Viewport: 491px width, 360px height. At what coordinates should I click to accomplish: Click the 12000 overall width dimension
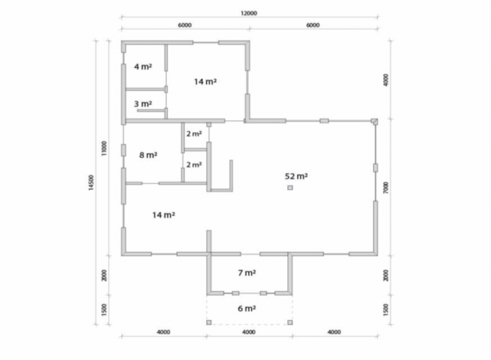[249, 13]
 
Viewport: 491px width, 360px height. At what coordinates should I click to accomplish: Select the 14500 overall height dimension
[91, 182]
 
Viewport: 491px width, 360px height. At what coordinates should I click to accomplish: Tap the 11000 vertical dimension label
[104, 148]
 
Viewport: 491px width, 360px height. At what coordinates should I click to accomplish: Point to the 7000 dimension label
[385, 187]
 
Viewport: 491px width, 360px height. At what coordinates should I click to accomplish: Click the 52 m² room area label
[296, 176]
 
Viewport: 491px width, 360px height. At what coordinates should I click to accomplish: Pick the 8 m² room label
[148, 155]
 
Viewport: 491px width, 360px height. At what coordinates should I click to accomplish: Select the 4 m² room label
[143, 66]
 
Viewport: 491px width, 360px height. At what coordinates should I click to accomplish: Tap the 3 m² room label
[143, 104]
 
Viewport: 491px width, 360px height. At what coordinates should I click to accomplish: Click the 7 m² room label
[247, 273]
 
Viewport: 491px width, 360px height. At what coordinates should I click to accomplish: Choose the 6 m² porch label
[247, 308]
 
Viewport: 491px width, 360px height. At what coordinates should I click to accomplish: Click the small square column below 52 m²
[291, 187]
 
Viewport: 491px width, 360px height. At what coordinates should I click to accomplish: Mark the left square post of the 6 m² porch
[209, 322]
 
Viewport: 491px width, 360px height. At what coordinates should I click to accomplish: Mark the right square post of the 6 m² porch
[290, 322]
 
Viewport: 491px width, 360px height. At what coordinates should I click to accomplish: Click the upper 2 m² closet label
[194, 133]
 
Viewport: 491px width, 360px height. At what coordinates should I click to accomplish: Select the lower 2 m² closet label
[194, 164]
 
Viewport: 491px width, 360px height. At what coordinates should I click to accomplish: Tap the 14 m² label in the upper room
[205, 82]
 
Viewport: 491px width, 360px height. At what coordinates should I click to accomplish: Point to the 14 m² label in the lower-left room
[164, 215]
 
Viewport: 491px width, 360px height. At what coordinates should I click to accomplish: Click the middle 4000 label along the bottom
[249, 332]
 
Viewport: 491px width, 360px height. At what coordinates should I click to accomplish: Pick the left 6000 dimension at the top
[185, 25]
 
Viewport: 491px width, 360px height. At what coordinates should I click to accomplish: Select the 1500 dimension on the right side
[385, 309]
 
